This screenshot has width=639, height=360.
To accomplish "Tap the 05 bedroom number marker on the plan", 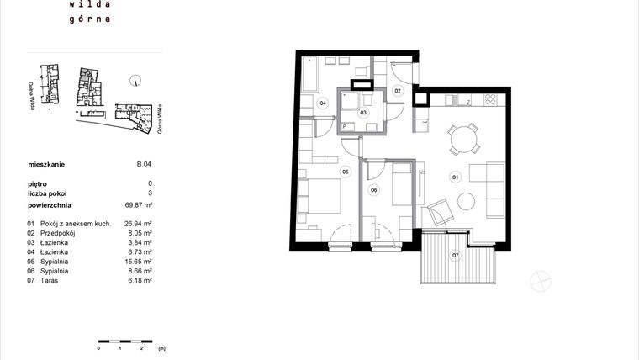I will tap(345, 172).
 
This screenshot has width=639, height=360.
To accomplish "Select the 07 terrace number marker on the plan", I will tap(456, 254).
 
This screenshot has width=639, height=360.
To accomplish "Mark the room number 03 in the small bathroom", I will tap(363, 111).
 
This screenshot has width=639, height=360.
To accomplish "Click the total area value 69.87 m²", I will tap(139, 204).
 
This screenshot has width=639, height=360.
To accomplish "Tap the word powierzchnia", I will tap(50, 204).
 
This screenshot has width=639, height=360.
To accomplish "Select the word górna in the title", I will tap(92, 17).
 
